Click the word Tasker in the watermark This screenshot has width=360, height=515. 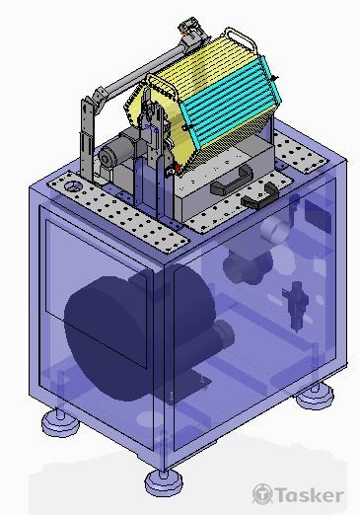pos(309,495)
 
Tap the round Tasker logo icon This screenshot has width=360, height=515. pos(262,494)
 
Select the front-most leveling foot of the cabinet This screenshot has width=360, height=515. pos(164,482)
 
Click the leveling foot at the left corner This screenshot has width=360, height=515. pos(60,423)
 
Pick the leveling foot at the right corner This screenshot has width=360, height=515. pos(315,396)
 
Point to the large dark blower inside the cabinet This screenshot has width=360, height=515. pos(138,335)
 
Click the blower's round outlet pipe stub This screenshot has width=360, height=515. pos(223,337)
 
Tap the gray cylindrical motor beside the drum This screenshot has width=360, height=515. pos(117,152)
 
